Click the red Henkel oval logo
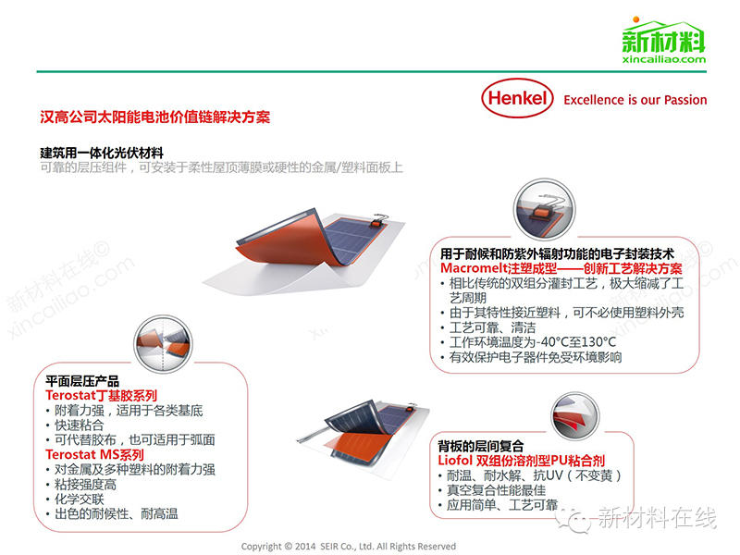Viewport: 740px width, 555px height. pyautogui.click(x=517, y=99)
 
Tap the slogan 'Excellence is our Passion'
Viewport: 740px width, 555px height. pyautogui.click(x=635, y=100)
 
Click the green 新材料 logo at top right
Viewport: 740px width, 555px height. pyautogui.click(x=663, y=38)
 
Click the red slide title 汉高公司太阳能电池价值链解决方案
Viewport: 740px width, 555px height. pyautogui.click(x=154, y=118)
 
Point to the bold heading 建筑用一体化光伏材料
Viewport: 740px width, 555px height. pyautogui.click(x=102, y=153)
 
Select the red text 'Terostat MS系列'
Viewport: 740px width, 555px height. pyautogui.click(x=94, y=455)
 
